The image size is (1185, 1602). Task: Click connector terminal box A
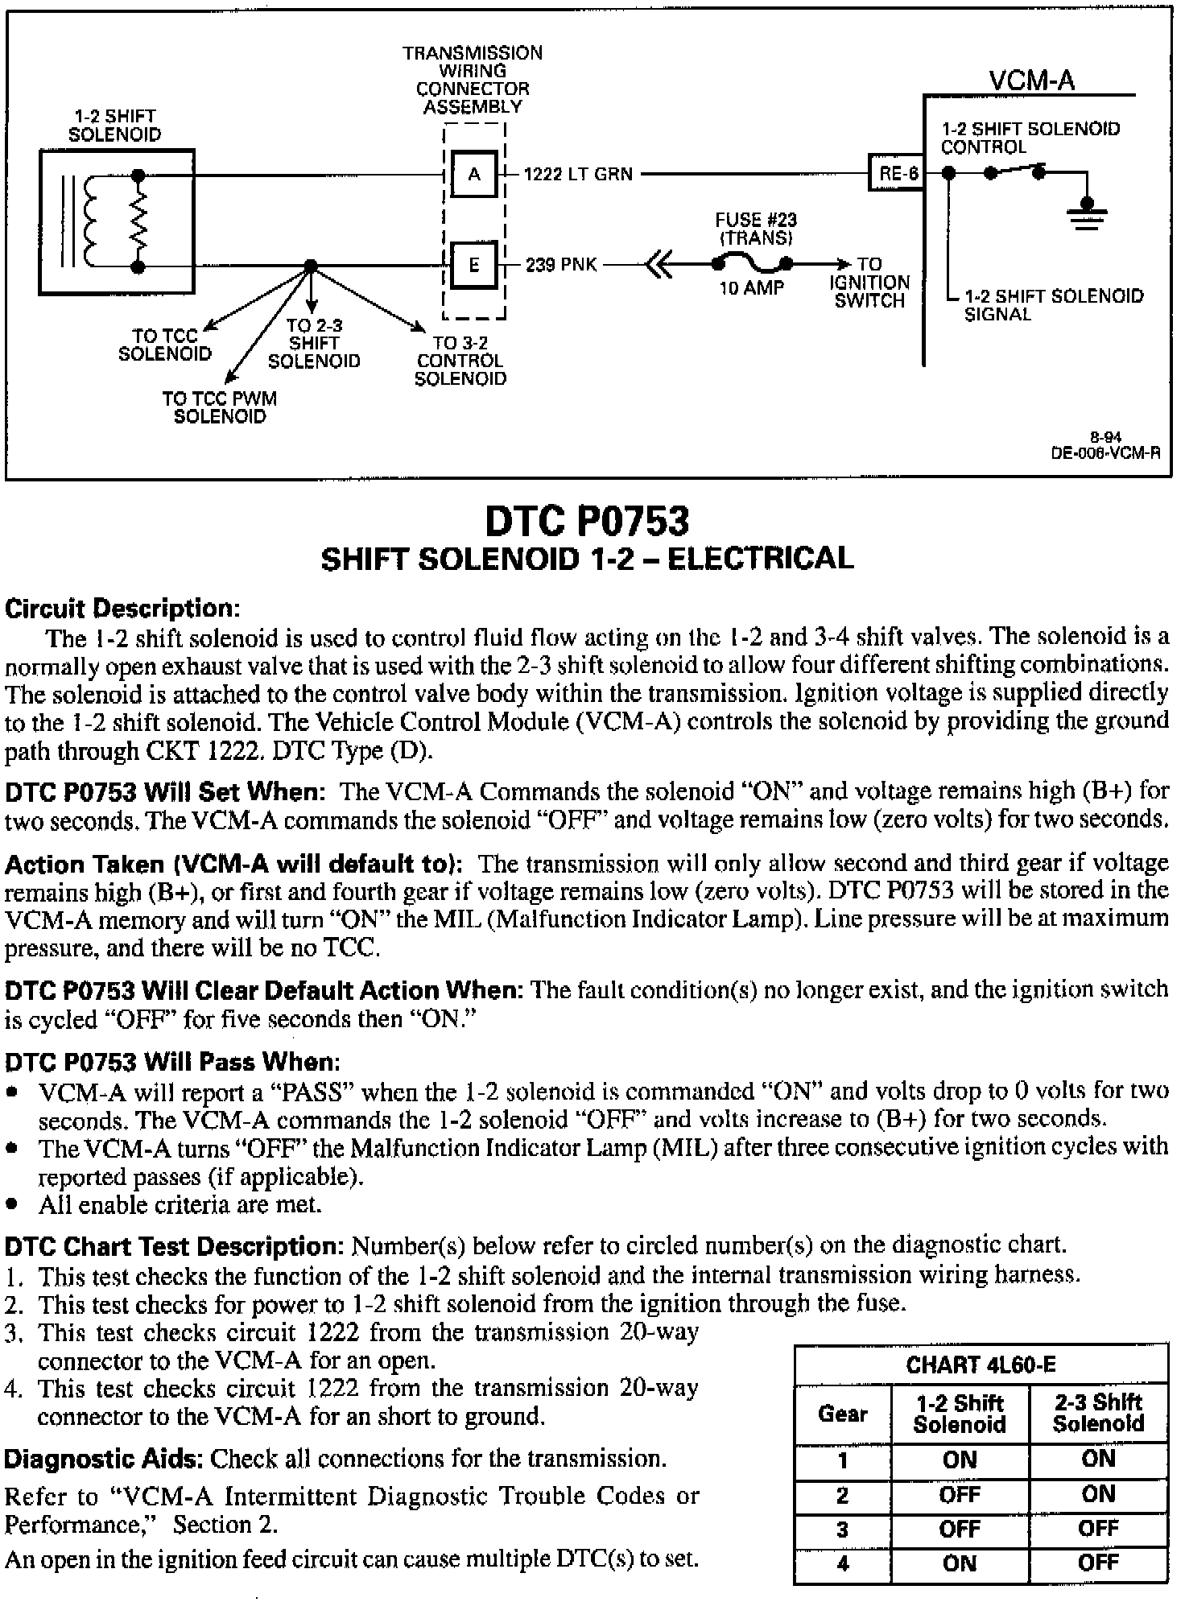click(474, 174)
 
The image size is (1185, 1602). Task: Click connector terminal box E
click(474, 264)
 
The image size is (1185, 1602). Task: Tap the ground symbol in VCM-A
click(1087, 213)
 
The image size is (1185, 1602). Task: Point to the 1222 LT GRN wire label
click(578, 174)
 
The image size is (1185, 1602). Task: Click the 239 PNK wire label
click(561, 265)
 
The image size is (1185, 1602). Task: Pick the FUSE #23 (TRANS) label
click(756, 229)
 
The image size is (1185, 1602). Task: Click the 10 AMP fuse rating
click(751, 288)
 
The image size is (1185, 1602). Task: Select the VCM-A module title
click(1031, 81)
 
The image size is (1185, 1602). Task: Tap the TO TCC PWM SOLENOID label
click(219, 407)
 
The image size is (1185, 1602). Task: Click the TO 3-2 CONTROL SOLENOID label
click(460, 361)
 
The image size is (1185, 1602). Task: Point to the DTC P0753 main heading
click(587, 521)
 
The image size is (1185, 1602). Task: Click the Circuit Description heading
click(123, 609)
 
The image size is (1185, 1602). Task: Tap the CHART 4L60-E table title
click(981, 1365)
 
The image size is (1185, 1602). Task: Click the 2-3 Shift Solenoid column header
click(1098, 1413)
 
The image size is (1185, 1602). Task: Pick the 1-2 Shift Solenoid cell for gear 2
click(960, 1494)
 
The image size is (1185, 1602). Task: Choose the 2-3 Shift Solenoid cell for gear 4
click(1098, 1563)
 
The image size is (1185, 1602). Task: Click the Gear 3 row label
click(842, 1529)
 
